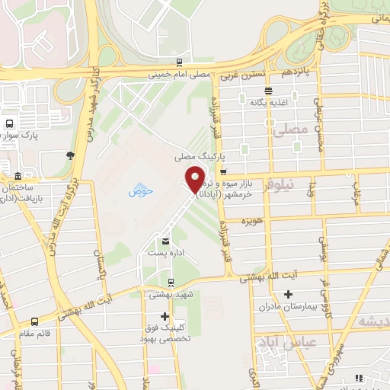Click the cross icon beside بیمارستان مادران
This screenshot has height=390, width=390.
[288, 295]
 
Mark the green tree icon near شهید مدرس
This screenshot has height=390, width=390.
[70, 155]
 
